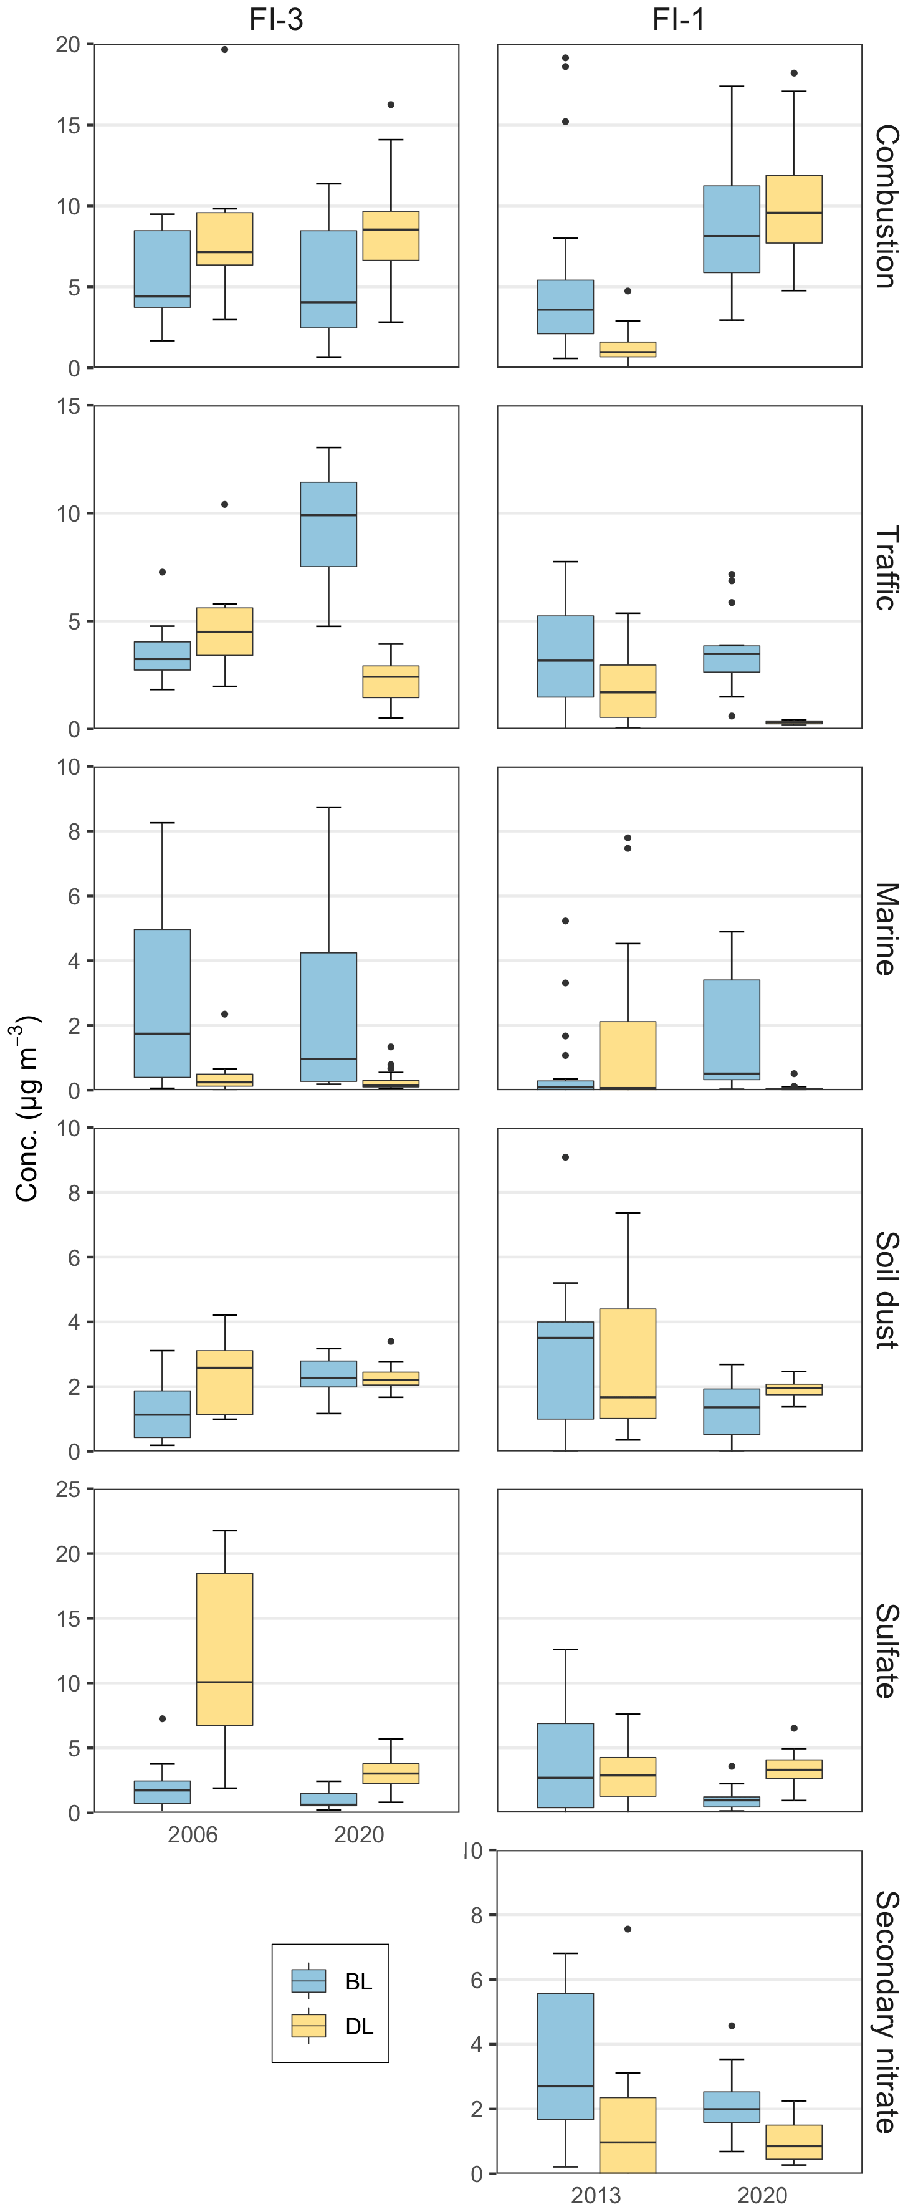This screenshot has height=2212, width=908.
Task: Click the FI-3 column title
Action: click(x=275, y=19)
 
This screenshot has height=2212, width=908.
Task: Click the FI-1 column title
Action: click(x=678, y=19)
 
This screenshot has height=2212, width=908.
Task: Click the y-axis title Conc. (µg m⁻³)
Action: click(x=27, y=1108)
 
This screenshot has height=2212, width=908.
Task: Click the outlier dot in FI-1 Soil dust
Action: click(x=566, y=1157)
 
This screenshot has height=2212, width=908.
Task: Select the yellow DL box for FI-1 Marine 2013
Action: click(x=628, y=1055)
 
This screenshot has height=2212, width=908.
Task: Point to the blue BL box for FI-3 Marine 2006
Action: click(x=162, y=1003)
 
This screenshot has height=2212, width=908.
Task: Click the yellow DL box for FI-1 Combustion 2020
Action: click(x=794, y=209)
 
